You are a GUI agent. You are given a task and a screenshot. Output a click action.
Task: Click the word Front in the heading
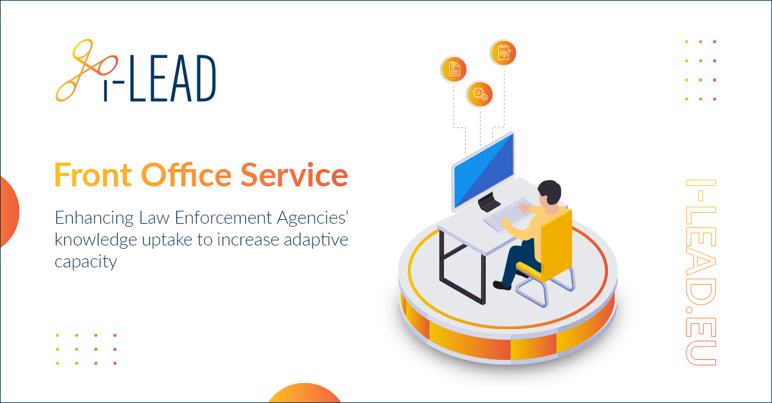click(x=93, y=175)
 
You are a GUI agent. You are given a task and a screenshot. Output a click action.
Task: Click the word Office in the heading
click(x=187, y=174)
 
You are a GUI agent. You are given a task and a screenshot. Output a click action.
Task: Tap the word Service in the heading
click(x=294, y=175)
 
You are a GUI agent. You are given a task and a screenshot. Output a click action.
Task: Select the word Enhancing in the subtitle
click(x=94, y=219)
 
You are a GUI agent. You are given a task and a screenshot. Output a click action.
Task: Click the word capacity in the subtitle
click(x=86, y=262)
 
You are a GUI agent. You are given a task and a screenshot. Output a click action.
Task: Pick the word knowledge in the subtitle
click(x=96, y=240)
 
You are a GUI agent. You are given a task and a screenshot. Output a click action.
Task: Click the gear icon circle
click(x=480, y=94)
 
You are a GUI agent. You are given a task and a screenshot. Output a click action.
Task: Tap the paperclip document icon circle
click(x=454, y=69)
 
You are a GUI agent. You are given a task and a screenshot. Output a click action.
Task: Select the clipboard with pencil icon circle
click(x=504, y=53)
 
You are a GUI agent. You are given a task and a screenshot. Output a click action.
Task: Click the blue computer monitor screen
click(x=484, y=170)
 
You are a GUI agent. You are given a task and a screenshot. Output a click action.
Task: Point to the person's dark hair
click(x=550, y=191)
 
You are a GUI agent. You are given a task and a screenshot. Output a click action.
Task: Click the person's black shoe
click(x=502, y=285)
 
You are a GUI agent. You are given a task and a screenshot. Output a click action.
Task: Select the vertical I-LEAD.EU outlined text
click(x=701, y=272)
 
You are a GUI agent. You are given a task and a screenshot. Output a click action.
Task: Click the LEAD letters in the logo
click(x=172, y=78)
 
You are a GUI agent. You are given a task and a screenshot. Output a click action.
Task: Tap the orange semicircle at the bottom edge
click(x=304, y=393)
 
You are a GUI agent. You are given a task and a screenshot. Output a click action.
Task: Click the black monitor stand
click(x=489, y=202)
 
